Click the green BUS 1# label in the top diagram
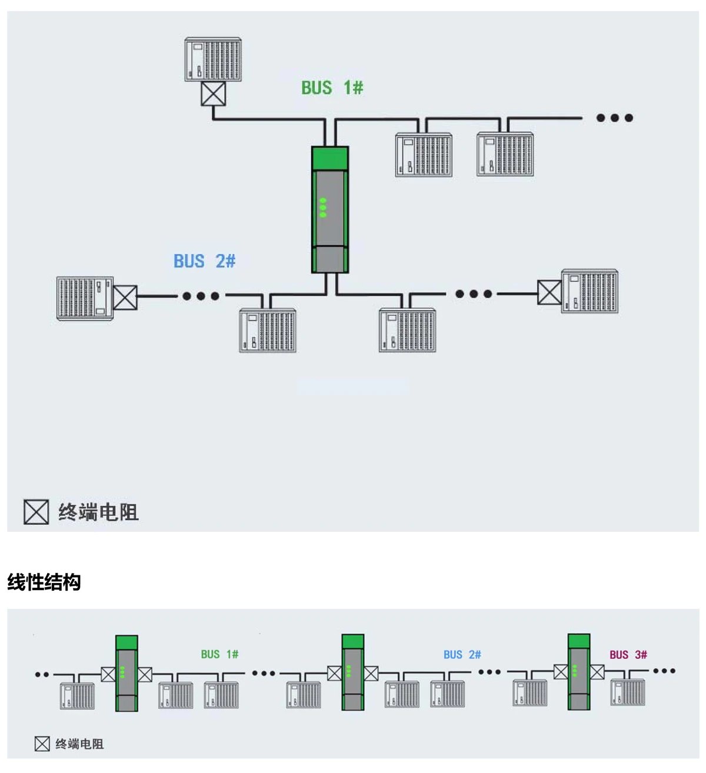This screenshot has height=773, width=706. pos(332,88)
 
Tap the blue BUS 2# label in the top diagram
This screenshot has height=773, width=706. pos(204,261)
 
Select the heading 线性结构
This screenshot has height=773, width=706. pos(44,582)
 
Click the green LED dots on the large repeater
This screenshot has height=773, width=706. pos(322,208)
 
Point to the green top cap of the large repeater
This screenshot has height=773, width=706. pos(329,158)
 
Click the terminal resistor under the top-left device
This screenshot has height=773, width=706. pos(213,94)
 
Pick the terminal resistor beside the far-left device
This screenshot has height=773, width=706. pos(125,298)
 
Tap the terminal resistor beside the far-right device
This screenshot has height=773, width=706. pos(550,292)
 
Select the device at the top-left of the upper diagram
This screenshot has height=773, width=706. pos(213,59)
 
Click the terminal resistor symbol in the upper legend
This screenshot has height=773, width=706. pos(36,512)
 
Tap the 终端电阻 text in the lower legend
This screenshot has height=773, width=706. pos(79,744)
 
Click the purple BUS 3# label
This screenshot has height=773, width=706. pos(628,655)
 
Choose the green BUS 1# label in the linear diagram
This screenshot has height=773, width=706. pos(219,654)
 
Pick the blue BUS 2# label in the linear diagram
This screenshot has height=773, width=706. pos(462,655)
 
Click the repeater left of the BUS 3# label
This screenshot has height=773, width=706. pos(579,672)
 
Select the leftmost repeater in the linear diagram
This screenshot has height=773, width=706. pos(126,673)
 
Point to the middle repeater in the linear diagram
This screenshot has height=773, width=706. pos(352,672)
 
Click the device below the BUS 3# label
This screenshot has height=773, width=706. pos(627,692)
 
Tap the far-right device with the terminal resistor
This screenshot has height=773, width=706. pos(590,292)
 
